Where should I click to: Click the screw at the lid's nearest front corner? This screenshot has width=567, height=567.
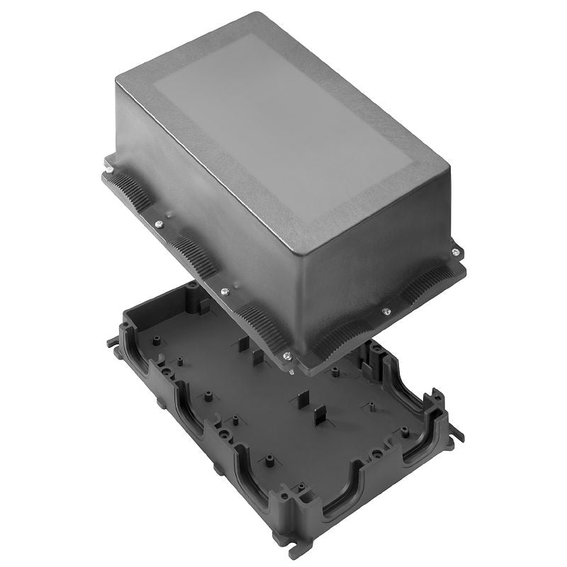(x=286, y=356)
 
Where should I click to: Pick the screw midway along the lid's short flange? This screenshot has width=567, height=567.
(x=386, y=310)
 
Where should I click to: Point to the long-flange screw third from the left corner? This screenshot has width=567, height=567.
(x=224, y=291)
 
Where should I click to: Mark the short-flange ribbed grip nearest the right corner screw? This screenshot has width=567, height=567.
(x=425, y=283)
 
